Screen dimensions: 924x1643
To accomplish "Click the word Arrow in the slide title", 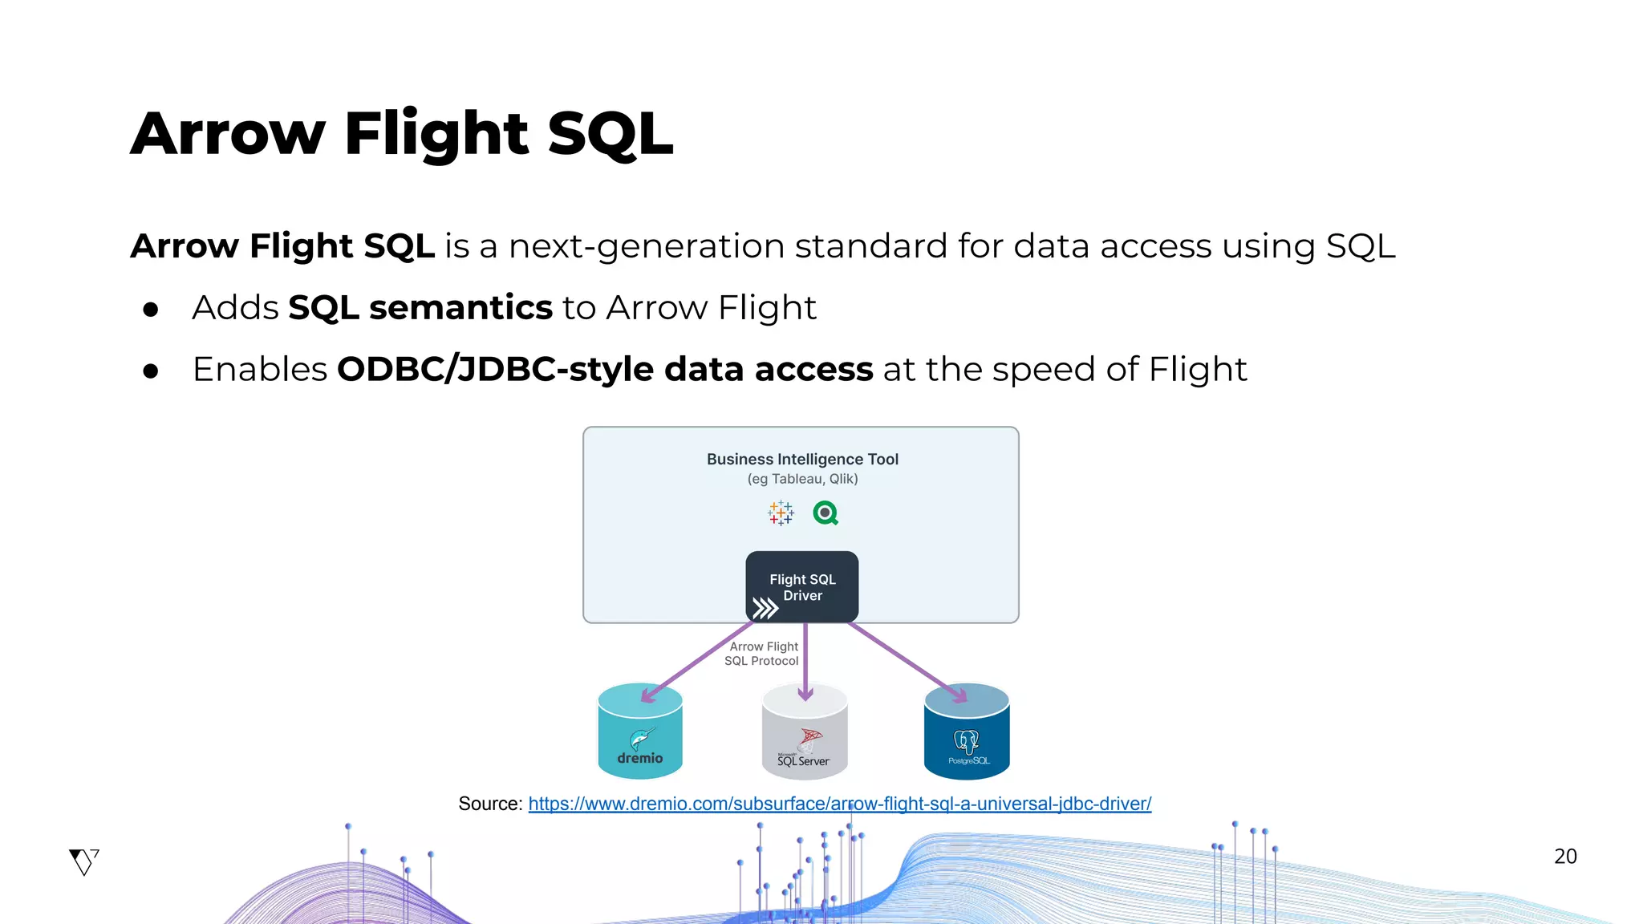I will coord(228,133).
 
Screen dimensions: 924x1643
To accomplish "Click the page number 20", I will coord(1565,857).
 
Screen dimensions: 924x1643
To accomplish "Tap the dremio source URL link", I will coord(839,804).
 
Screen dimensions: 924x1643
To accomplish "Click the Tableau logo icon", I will coord(781,513).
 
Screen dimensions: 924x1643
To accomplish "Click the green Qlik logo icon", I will coord(826,513).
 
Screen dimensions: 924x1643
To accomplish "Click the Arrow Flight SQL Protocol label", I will coord(762,654).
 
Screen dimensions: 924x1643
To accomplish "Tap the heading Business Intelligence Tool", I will coord(802,459).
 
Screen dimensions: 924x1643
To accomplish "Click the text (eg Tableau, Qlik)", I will coord(802,479).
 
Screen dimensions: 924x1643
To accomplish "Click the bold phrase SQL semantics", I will coord(420,308).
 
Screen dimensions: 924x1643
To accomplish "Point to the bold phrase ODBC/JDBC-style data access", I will coord(604,370).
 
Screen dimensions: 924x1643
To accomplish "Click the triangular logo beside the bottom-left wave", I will coord(83,861).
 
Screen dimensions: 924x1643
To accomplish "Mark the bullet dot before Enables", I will coord(150,371).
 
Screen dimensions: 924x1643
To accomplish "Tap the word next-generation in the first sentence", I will coord(647,246).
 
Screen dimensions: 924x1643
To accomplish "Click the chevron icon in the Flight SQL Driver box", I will coord(765,608).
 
